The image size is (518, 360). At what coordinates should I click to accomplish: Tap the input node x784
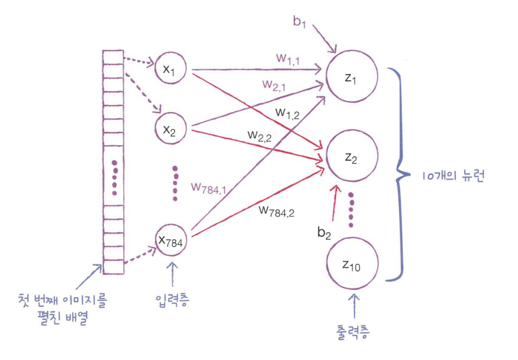click(x=171, y=241)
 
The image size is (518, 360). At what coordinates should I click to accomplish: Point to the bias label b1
click(x=299, y=23)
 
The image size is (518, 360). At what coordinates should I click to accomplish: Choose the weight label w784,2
click(x=277, y=211)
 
